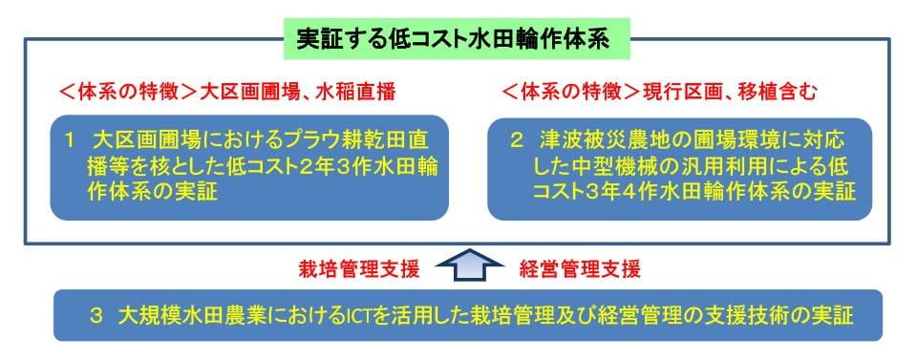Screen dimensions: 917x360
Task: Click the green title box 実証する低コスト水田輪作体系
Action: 457,38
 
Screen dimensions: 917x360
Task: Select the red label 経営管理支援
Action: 580,269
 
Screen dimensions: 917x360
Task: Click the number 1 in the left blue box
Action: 70,140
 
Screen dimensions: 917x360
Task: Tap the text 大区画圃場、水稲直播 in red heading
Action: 298,93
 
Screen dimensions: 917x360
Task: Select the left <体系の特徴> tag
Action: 129,93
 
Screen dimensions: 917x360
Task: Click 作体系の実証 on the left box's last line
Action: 152,192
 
